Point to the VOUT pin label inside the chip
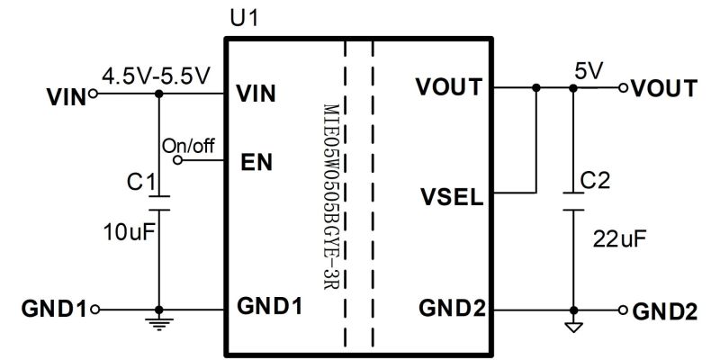pos(449,88)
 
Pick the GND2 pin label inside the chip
pos(452,308)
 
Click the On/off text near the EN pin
pos(189,145)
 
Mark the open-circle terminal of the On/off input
pos(178,161)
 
